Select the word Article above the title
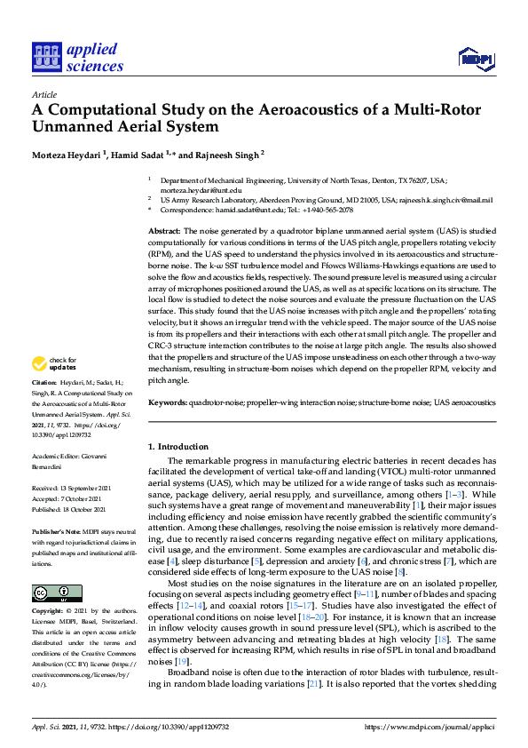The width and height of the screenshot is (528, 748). click(43, 94)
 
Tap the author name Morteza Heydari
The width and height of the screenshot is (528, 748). click(67, 154)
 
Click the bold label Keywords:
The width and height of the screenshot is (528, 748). click(167, 402)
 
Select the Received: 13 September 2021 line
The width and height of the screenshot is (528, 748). click(71, 489)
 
